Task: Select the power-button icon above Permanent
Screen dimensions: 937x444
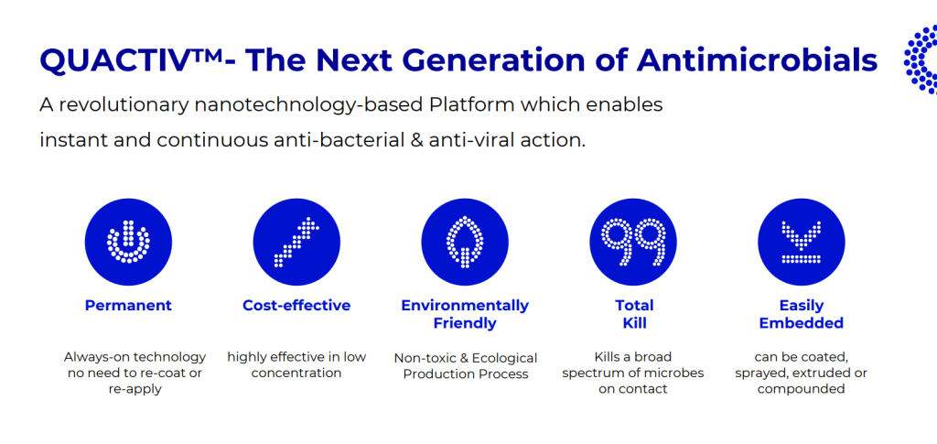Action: [128, 242]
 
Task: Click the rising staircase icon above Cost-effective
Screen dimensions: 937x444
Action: [296, 242]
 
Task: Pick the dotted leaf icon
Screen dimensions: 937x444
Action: [465, 242]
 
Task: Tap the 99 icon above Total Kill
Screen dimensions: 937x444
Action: [633, 242]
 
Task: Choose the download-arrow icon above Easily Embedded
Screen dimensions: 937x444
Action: [802, 242]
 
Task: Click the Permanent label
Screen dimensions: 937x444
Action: [128, 306]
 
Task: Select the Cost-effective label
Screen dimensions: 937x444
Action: [296, 306]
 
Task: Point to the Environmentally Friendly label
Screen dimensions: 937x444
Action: [465, 314]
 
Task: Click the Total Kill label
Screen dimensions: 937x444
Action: [633, 314]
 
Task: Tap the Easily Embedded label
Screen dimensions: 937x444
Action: [802, 314]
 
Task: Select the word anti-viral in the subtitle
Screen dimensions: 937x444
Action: [467, 140]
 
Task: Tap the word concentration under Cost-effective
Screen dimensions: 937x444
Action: [296, 374]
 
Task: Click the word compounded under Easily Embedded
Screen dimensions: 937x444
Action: [801, 390]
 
